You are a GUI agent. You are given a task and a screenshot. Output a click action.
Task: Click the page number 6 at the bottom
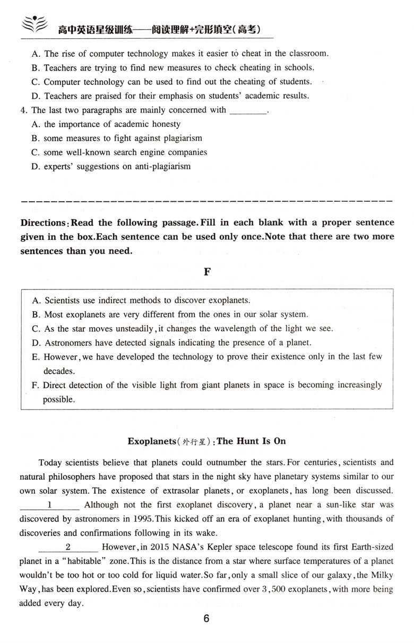click(x=206, y=619)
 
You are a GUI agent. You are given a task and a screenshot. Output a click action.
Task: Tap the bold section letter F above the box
click(x=207, y=272)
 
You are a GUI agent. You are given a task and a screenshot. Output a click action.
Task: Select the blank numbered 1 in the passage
click(x=49, y=504)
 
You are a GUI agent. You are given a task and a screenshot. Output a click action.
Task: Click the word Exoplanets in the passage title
click(x=151, y=441)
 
